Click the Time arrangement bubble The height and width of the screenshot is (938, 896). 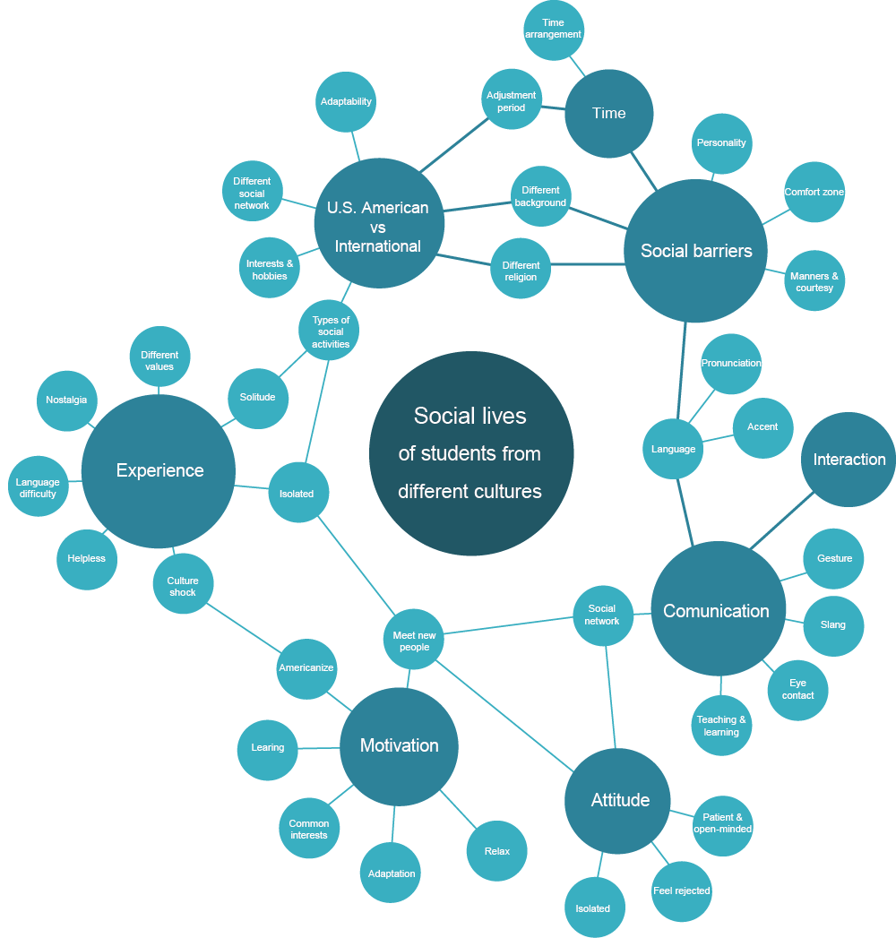554,30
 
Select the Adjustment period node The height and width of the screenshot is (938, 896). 512,100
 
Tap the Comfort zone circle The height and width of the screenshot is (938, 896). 814,192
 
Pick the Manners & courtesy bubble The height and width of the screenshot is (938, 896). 814,281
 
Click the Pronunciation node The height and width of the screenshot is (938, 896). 731,364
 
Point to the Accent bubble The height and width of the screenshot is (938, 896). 762,427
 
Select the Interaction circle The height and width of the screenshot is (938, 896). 849,460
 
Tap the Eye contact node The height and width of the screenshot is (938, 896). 797,689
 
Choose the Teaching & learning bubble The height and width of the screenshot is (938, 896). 721,726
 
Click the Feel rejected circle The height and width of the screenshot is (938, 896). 681,891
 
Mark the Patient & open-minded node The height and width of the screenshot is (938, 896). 722,823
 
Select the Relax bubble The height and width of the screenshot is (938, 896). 496,850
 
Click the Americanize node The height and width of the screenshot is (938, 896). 306,668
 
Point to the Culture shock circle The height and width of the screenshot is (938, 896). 183,586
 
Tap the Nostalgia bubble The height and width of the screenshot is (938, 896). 67,400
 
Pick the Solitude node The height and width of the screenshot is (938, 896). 257,397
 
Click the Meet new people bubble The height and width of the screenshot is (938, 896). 413,641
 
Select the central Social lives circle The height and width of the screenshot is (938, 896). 470,453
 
